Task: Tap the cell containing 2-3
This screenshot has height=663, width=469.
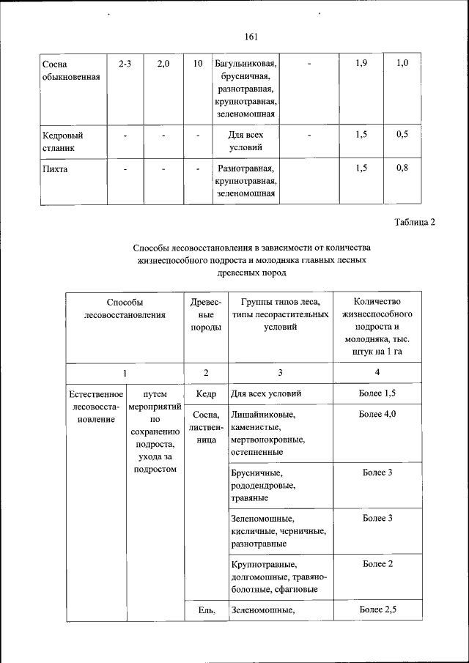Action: pos(125,64)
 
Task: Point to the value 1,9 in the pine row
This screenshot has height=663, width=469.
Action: pos(361,64)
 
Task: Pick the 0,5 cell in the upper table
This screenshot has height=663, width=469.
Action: pos(402,135)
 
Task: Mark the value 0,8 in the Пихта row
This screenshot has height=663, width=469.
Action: pos(402,169)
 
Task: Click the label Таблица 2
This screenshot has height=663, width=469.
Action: pos(414,223)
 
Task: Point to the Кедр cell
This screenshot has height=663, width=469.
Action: pos(206,394)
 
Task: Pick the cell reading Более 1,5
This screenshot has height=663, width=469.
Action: pos(377,394)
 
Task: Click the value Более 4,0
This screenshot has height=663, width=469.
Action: pos(377,415)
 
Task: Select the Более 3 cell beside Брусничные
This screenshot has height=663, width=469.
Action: pos(377,473)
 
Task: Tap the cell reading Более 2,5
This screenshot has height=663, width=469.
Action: pos(377,610)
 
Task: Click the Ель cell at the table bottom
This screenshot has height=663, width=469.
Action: pos(206,610)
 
